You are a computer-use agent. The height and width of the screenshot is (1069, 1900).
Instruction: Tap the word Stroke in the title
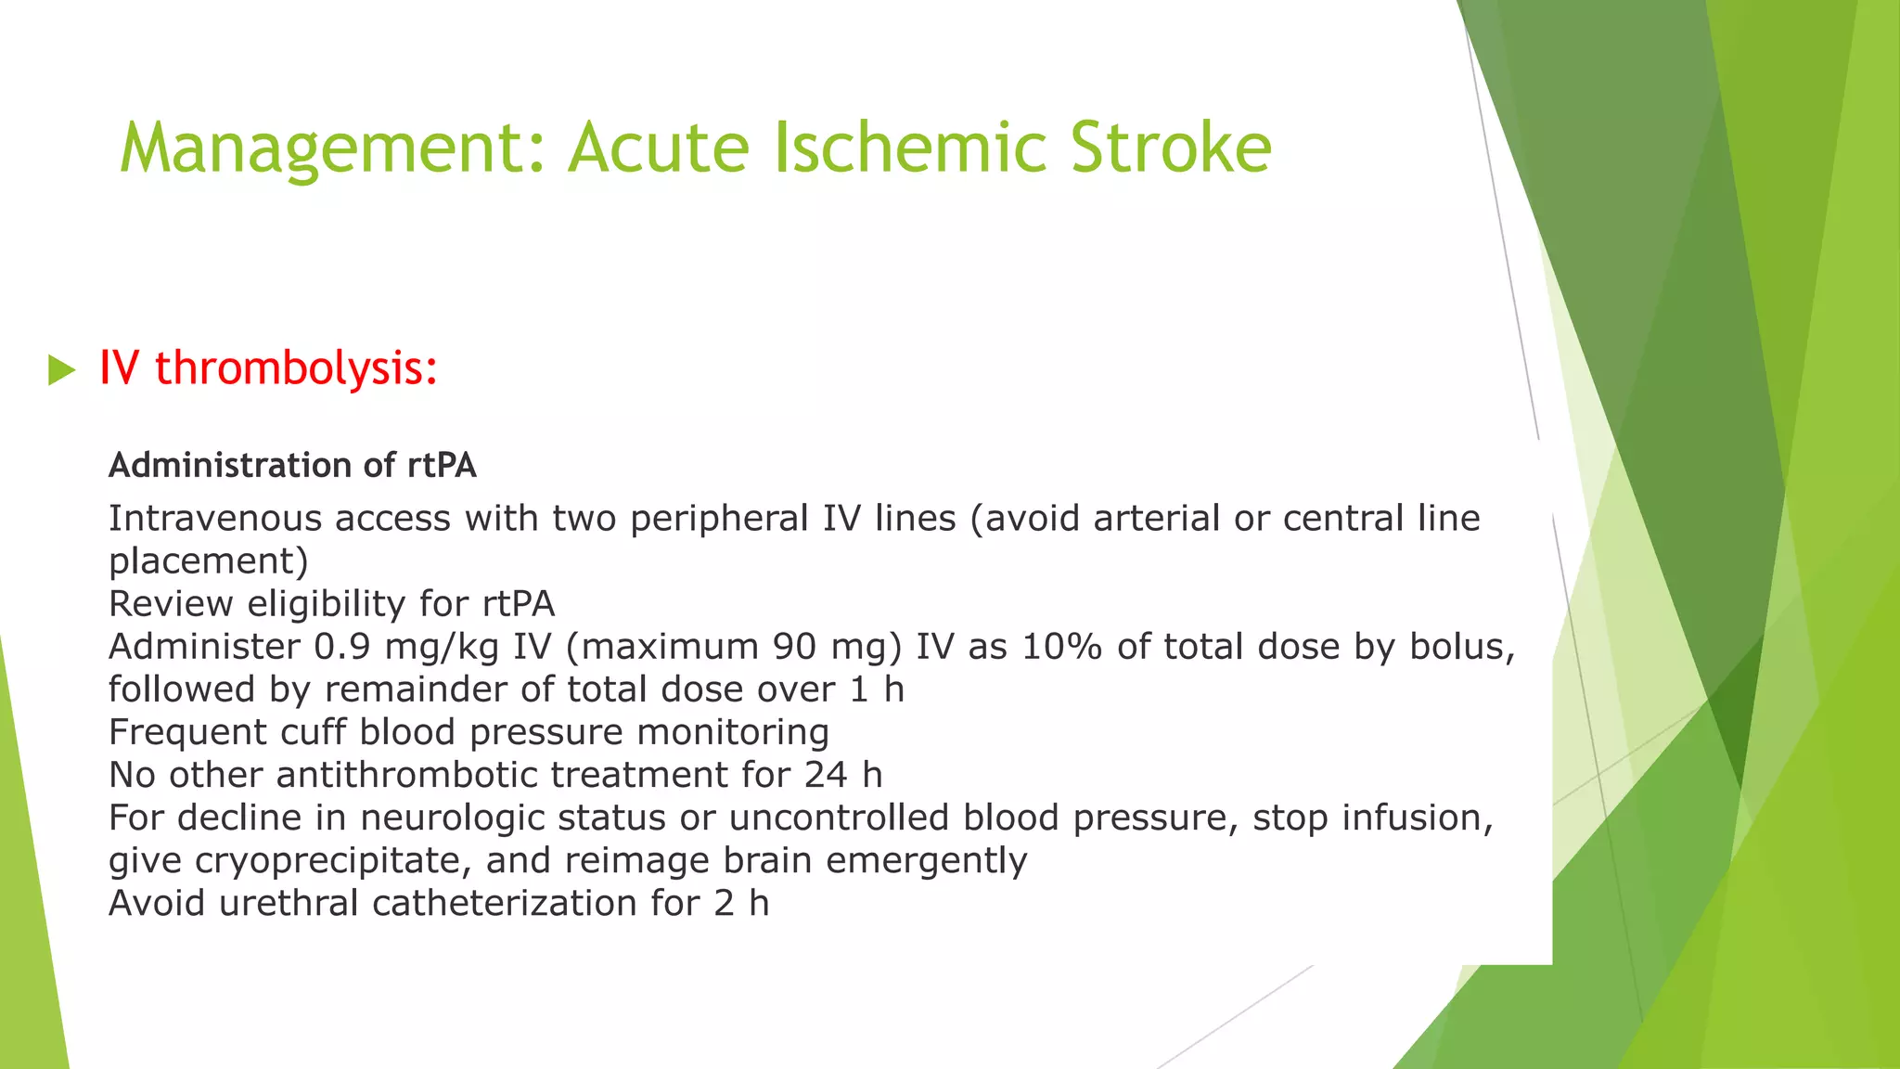[1170, 148]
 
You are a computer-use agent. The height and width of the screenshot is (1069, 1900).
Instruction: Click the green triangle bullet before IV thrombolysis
[61, 370]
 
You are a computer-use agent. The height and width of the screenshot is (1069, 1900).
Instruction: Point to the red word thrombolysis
[295, 368]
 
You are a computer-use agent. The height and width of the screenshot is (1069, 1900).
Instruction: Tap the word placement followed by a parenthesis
[209, 561]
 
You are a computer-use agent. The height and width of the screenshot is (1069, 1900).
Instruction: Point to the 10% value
[1061, 647]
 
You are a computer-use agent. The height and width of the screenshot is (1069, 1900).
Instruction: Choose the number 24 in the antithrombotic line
[826, 775]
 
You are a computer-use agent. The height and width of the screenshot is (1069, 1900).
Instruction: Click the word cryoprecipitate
[333, 860]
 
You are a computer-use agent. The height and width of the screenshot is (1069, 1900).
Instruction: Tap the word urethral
[289, 903]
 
